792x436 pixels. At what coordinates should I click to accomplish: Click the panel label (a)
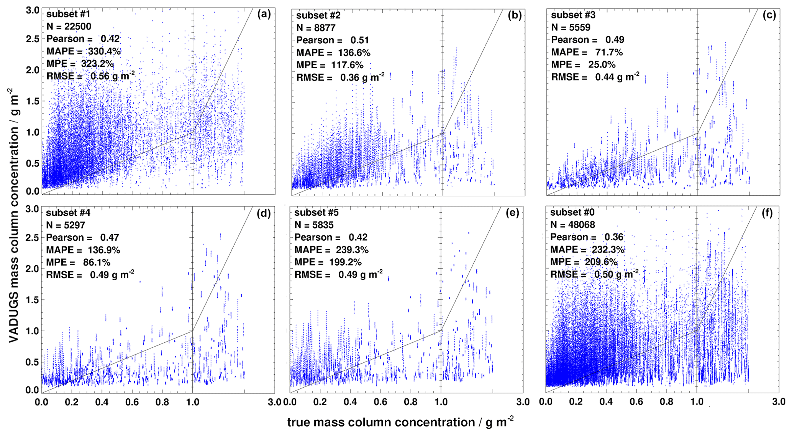pyautogui.click(x=264, y=14)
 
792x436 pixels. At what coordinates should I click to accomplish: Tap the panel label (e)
pyautogui.click(x=512, y=213)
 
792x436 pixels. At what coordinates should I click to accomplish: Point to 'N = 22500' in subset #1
pyautogui.click(x=69, y=26)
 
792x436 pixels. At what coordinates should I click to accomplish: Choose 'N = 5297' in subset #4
pyautogui.click(x=66, y=225)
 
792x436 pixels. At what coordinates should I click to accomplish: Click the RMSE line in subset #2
pyautogui.click(x=340, y=78)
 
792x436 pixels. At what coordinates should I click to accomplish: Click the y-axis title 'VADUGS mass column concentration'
pyautogui.click(x=13, y=215)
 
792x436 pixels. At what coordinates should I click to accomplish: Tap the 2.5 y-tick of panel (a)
pyautogui.click(x=33, y=39)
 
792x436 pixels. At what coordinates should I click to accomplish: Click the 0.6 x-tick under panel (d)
pyautogui.click(x=132, y=402)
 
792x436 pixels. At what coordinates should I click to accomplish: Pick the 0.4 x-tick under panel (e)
pyautogui.click(x=350, y=402)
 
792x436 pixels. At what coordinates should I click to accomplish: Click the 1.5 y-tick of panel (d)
pyautogui.click(x=33, y=300)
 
